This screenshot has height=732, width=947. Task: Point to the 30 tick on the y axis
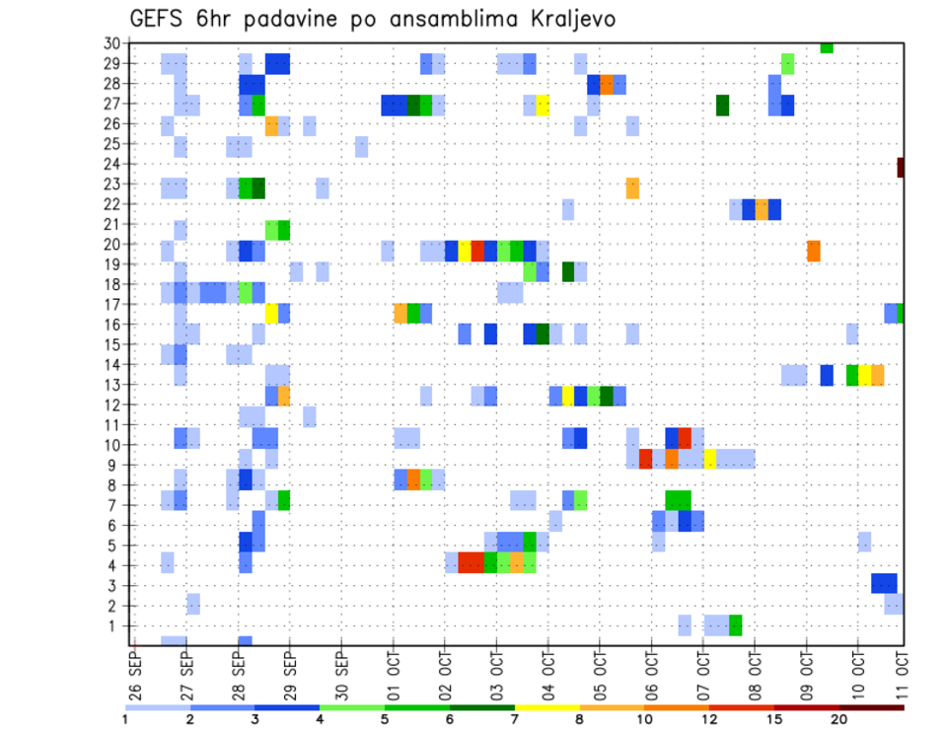112,43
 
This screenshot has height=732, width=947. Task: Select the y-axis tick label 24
112,164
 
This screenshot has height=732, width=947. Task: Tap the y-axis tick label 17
112,305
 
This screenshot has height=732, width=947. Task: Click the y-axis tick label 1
115,625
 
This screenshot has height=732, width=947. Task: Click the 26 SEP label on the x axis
135,674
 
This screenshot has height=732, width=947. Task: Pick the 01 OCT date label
393,674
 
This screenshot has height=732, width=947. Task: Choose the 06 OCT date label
650,674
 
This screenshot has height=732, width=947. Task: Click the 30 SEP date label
341,674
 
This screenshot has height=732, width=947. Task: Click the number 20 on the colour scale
838,719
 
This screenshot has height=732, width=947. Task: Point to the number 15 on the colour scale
774,719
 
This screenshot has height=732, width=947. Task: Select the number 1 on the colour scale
126,719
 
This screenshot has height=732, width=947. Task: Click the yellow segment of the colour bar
546,707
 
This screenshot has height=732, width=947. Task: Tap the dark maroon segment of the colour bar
871,707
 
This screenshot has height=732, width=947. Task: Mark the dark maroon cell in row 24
901,168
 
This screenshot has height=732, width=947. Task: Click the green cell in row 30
827,47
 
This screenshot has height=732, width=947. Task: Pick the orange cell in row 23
632,187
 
